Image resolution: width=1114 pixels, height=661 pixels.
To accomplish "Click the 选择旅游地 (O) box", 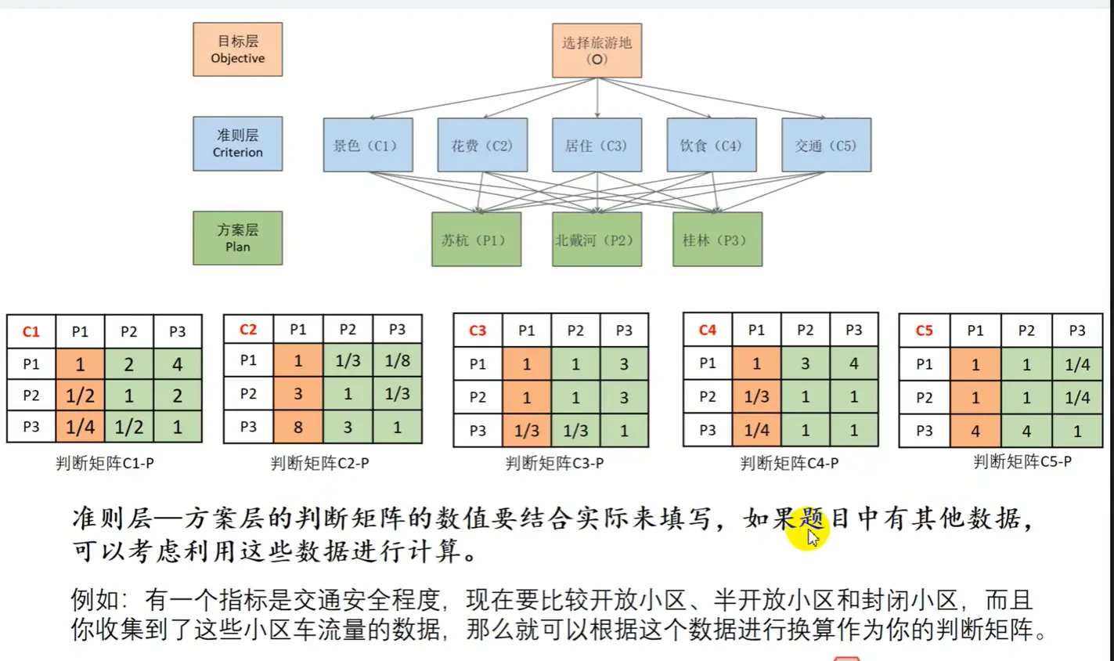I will click(x=597, y=50).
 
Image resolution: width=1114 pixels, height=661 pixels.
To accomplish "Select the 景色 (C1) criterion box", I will click(x=367, y=145).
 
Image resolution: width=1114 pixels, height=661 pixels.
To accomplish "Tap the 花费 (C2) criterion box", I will click(x=482, y=145).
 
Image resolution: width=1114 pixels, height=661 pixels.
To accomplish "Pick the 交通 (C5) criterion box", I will click(x=826, y=145).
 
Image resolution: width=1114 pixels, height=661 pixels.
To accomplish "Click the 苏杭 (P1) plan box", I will click(x=476, y=240).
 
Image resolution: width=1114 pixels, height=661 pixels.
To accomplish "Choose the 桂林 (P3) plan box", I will click(x=716, y=240).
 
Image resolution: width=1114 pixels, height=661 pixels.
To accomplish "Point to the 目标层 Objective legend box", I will click(x=237, y=49).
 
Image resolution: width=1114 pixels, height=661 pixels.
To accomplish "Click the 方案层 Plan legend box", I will click(x=237, y=238).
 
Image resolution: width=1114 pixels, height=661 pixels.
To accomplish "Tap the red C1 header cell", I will click(x=31, y=331).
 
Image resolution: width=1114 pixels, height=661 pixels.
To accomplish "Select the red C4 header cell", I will click(x=707, y=330).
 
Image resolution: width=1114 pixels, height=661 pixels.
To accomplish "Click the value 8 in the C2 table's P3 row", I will click(x=297, y=427).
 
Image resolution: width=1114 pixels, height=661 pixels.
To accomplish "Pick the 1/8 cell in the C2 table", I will click(x=397, y=360).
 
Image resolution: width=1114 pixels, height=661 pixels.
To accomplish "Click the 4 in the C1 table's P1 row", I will click(x=177, y=364).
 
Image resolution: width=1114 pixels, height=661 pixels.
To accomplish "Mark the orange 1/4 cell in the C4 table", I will click(x=756, y=429).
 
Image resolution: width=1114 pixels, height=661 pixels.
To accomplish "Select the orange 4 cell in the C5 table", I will click(x=975, y=431).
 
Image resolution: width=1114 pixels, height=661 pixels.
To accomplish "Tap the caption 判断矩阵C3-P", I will click(x=554, y=463).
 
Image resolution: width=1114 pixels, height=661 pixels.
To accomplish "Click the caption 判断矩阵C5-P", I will click(x=1022, y=462).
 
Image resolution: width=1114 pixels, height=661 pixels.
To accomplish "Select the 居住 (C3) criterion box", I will click(x=597, y=145).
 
